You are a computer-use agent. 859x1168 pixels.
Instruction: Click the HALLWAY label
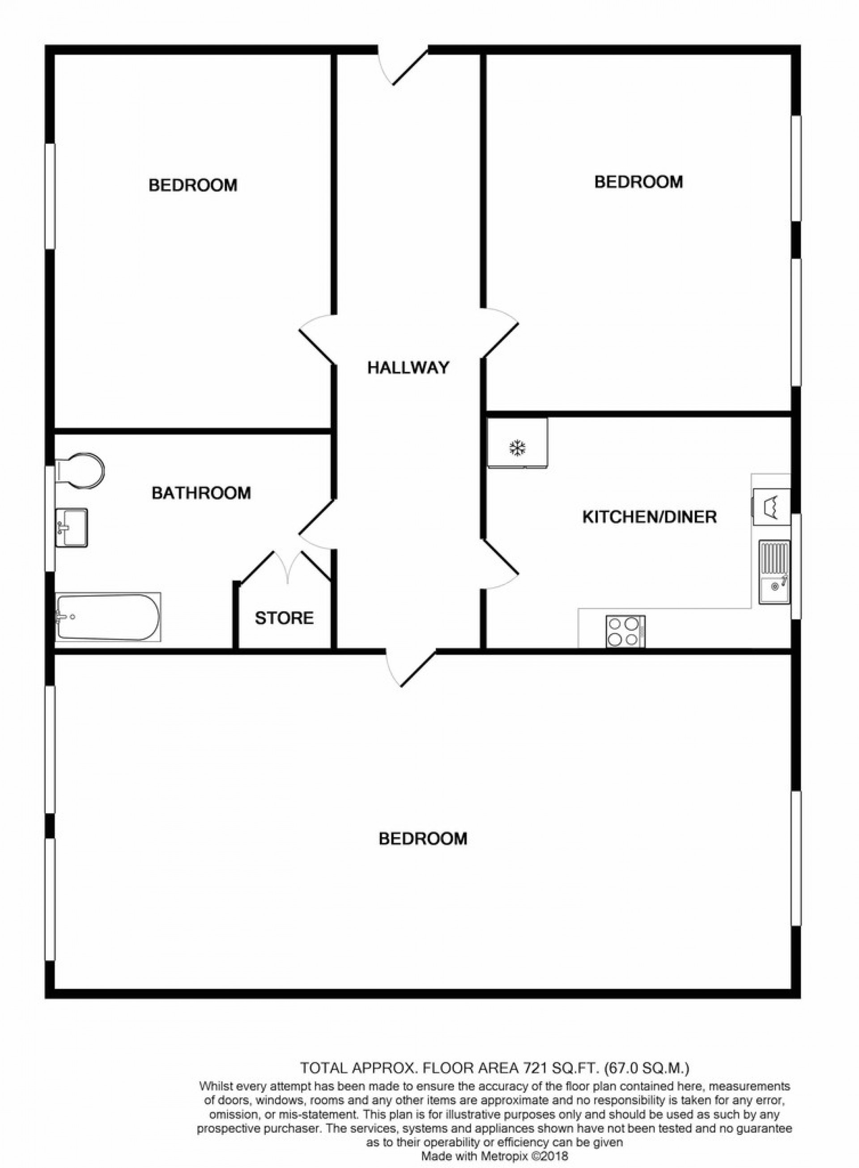pos(408,368)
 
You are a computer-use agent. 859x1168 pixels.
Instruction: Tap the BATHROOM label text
pos(201,493)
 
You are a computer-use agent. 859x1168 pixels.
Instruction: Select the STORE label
pos(284,618)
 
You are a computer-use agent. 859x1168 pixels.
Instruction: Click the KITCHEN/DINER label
pos(650,517)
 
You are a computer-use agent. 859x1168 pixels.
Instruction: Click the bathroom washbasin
pos(71,528)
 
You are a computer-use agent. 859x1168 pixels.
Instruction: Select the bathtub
pos(108,617)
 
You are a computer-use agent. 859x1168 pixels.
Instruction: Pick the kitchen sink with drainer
pos(774,572)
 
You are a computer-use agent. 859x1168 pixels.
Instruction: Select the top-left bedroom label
pos(193,185)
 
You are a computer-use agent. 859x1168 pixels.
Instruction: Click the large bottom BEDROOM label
pos(423,839)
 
